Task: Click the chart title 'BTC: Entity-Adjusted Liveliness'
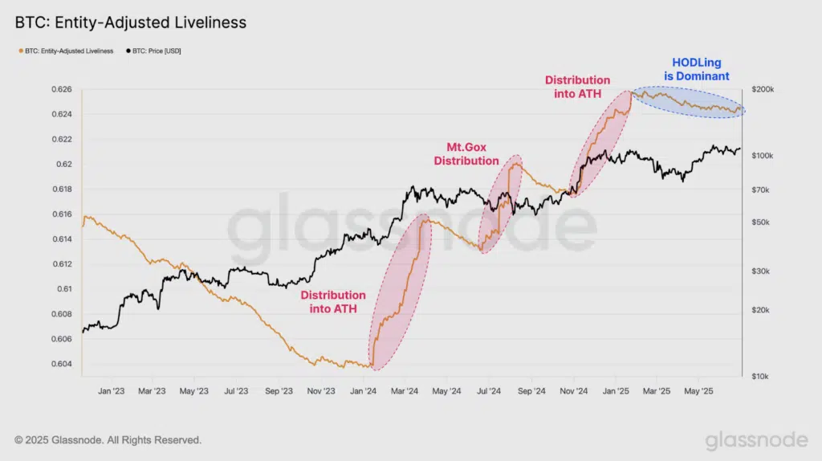tap(131, 23)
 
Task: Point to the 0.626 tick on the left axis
tap(63, 89)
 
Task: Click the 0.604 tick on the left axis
tap(63, 364)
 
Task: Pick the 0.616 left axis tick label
tap(63, 214)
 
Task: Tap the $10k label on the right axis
tap(759, 376)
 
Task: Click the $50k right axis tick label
tap(759, 222)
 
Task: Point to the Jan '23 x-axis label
tap(110, 391)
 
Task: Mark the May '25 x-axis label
tap(698, 391)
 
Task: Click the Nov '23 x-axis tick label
tap(319, 391)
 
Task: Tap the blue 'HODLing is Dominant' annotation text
tap(696, 70)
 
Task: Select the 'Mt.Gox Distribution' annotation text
tap(466, 154)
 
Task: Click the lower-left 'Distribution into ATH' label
tap(333, 301)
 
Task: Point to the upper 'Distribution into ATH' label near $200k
tap(577, 86)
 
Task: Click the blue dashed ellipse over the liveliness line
tap(689, 102)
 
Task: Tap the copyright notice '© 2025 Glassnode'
tap(108, 440)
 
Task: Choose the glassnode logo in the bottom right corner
tap(756, 440)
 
